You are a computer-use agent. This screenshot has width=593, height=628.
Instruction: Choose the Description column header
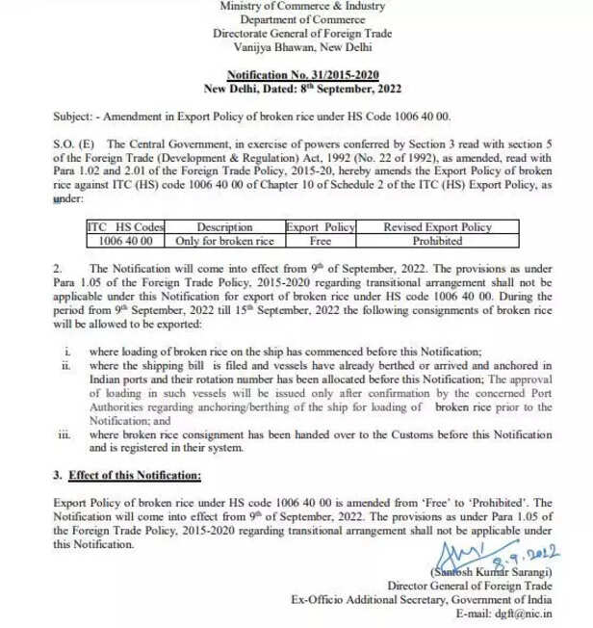pos(223,227)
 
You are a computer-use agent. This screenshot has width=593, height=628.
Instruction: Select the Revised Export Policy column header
pos(437,227)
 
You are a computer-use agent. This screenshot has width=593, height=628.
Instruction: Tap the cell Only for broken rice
pos(223,240)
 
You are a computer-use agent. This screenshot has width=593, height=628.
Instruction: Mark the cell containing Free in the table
pos(320,240)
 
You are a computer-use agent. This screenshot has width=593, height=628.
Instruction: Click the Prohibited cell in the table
pos(437,240)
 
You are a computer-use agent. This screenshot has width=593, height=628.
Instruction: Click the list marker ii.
pos(64,367)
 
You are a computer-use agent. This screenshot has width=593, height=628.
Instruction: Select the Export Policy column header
pos(320,227)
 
